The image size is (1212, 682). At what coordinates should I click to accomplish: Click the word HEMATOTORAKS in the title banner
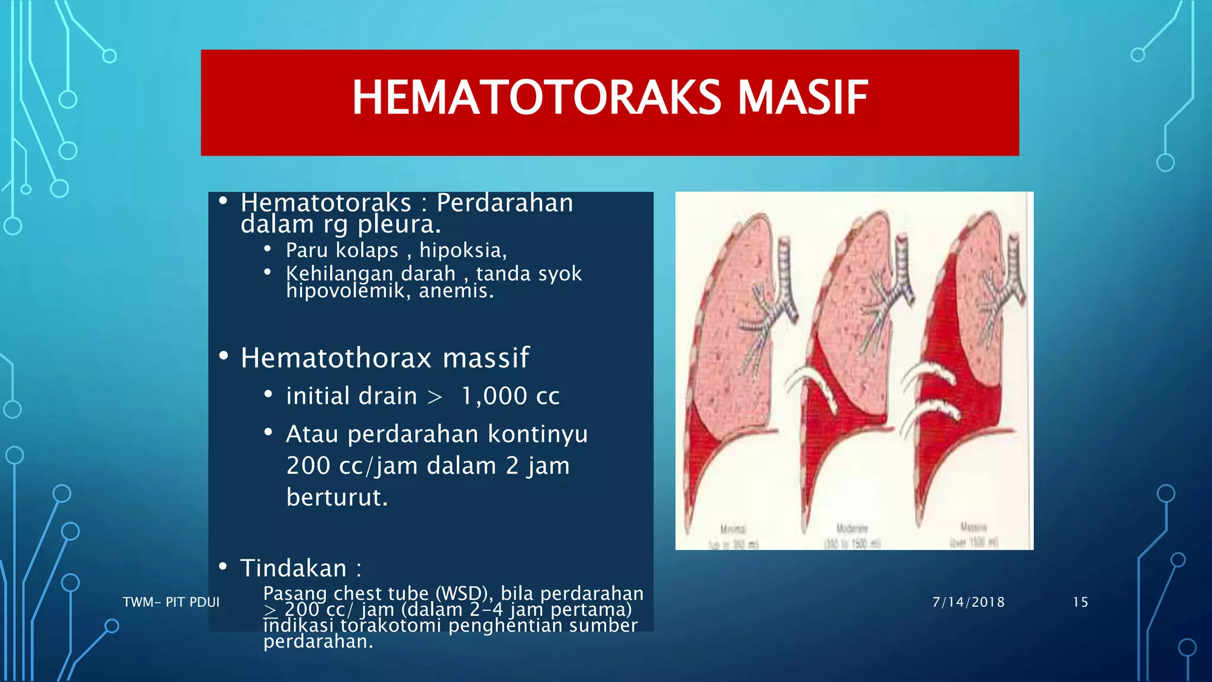(x=536, y=98)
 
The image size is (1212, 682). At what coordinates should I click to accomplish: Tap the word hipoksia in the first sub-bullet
(x=462, y=250)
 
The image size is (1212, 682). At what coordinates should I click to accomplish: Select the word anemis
(x=456, y=291)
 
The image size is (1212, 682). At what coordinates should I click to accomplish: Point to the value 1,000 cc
(x=510, y=396)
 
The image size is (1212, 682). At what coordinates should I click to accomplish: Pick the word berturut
(x=336, y=497)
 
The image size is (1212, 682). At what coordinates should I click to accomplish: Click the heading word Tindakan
(x=294, y=568)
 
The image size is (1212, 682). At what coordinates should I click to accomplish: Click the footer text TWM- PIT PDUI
(x=170, y=602)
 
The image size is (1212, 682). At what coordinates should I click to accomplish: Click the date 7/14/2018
(x=968, y=602)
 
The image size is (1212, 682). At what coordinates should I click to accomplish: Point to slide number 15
(x=1080, y=602)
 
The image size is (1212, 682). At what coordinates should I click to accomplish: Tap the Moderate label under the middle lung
(x=852, y=527)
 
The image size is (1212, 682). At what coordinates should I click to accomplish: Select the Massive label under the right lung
(x=973, y=526)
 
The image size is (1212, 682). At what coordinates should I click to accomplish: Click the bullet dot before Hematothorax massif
(x=223, y=356)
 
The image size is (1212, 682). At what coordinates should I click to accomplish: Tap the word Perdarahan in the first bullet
(x=504, y=203)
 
